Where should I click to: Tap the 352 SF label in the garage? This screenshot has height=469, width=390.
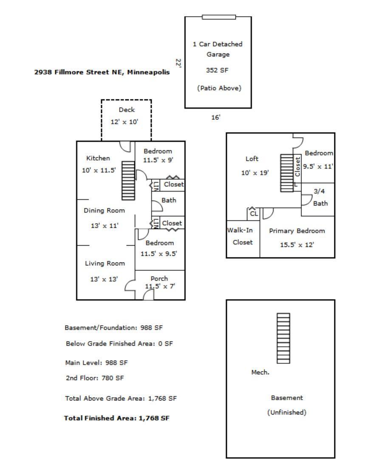218,70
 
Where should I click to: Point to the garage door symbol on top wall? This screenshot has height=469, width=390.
219,17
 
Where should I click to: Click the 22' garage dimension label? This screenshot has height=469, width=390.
179,63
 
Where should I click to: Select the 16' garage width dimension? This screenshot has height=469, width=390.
216,117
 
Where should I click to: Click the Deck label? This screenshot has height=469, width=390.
127,110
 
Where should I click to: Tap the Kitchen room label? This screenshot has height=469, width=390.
98,158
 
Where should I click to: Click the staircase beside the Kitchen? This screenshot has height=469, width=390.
128,181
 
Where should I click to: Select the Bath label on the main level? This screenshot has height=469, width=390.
169,201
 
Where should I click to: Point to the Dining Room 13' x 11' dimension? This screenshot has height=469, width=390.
104,226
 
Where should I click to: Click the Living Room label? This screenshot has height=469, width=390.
105,263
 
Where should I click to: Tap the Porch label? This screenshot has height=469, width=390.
159,279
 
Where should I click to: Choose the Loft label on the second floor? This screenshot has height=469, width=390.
252,159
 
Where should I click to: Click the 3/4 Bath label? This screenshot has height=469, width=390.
319,197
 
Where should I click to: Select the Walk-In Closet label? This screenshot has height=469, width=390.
243,236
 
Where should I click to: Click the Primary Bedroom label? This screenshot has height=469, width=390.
297,231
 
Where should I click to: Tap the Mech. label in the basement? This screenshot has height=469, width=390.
260,372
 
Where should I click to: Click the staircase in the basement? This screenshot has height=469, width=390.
283,338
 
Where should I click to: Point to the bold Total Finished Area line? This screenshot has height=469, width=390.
117,418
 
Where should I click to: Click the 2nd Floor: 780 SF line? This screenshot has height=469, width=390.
95,378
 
